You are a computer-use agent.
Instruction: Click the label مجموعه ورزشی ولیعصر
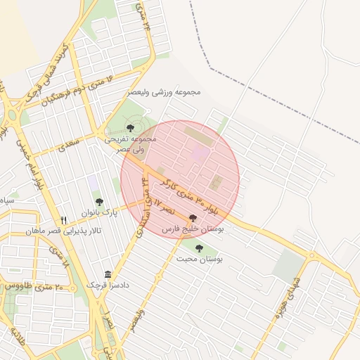[x=165, y=92]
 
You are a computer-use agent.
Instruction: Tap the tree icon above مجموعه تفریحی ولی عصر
[x=130, y=127]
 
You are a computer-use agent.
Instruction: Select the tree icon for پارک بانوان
[x=98, y=202]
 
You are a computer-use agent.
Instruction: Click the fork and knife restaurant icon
[x=64, y=220]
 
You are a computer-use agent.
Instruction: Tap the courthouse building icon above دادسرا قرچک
[x=108, y=274]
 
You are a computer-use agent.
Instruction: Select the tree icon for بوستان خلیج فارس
[x=193, y=218]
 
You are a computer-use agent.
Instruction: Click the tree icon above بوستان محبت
[x=199, y=247]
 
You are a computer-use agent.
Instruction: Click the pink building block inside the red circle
[x=200, y=153]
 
